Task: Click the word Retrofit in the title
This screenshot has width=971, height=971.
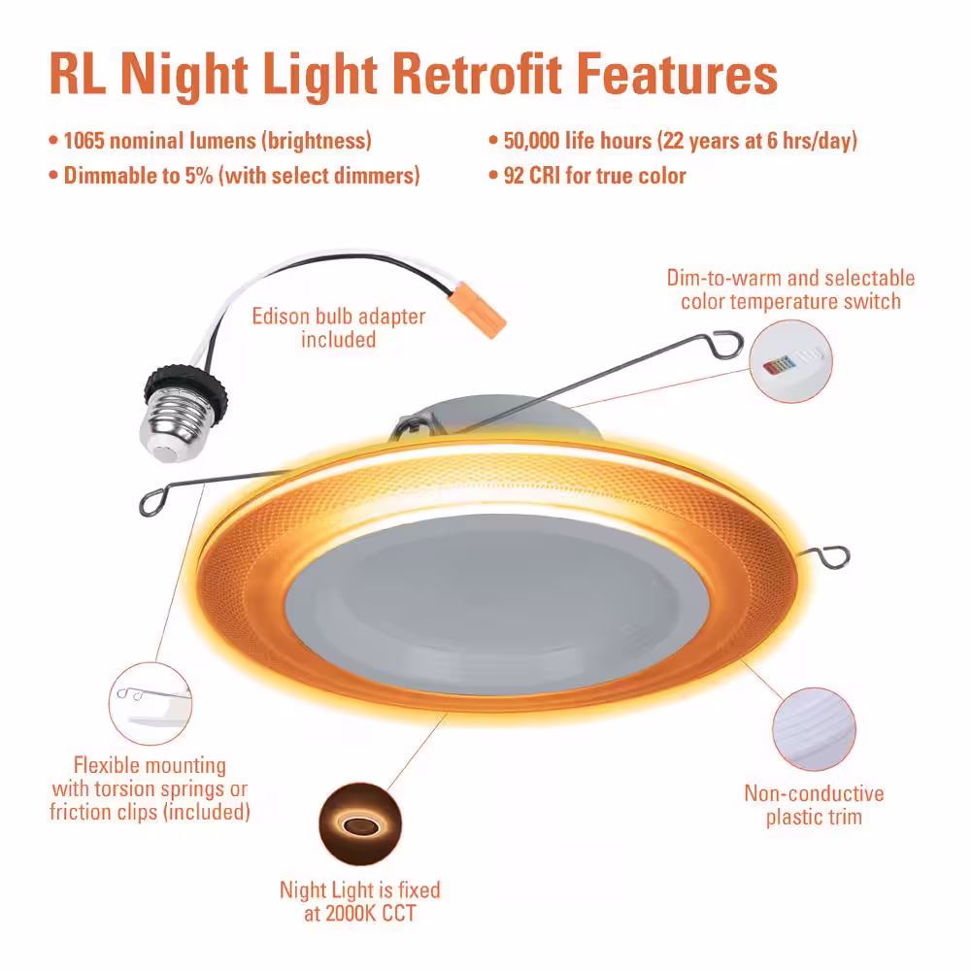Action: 477,75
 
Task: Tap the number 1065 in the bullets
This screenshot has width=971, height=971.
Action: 84,141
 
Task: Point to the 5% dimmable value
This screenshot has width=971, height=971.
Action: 199,175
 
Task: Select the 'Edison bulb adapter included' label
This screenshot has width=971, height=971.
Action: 338,327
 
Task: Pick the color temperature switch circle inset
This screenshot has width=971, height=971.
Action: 790,361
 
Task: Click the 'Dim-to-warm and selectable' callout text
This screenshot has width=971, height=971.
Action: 790,278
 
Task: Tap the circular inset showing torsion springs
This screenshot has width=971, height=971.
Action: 151,703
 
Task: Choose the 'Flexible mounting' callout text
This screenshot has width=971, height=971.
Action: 150,765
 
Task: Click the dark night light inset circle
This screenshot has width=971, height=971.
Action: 360,824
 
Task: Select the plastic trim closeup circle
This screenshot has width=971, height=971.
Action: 814,729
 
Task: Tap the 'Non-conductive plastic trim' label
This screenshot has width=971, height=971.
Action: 814,805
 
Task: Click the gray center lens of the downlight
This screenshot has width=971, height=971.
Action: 488,604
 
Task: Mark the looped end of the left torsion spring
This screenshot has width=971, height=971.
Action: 152,502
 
